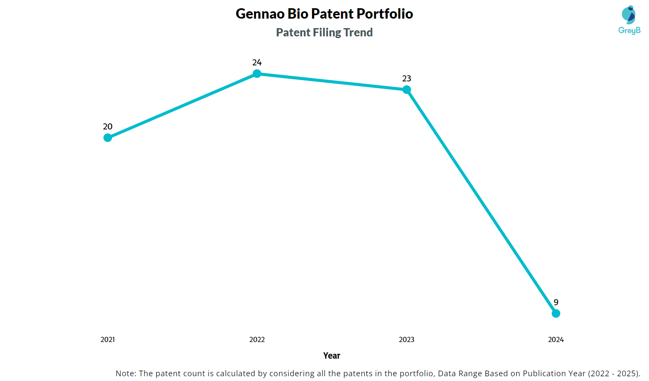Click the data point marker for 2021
coord(108,138)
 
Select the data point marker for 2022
coord(257,74)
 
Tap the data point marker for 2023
coord(407,90)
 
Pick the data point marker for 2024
coord(556,313)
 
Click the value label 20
coord(108,126)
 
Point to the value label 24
coord(257,62)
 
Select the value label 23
coord(407,78)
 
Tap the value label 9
coord(556,302)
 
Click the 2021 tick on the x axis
coord(108,339)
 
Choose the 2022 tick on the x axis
coord(257,339)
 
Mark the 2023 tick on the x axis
coord(407,339)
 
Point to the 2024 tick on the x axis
coord(556,339)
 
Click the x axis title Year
coord(331,355)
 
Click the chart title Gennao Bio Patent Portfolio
coord(324,14)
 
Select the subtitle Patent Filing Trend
coord(324,32)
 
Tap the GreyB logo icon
coord(629,15)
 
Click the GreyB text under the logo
coord(629,30)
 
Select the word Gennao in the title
coord(260,14)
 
